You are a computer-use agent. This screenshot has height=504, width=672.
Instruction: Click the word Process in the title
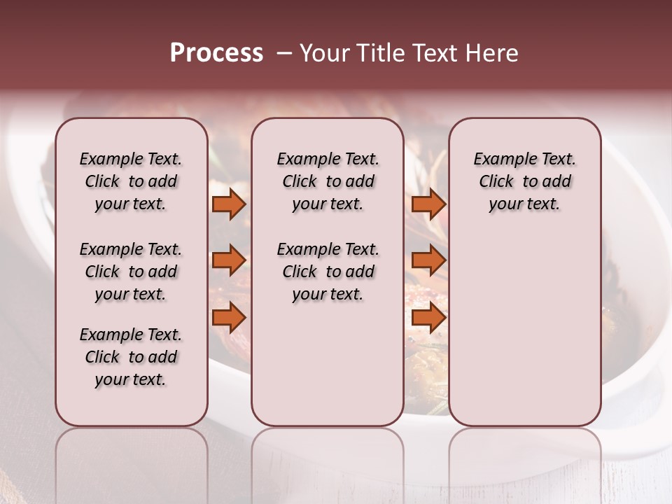(216, 53)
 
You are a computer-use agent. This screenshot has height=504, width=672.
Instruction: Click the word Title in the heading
(377, 53)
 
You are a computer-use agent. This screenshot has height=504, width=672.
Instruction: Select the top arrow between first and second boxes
(229, 204)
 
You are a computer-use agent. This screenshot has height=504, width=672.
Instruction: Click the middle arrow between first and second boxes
(229, 260)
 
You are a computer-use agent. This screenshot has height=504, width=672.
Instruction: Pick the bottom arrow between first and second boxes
(229, 318)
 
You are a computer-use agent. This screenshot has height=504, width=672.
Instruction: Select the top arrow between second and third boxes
(428, 204)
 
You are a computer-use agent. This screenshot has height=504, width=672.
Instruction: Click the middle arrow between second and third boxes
(428, 260)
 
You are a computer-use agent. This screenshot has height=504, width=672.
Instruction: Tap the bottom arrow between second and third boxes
(428, 318)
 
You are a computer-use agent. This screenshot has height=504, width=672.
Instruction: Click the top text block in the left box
(131, 181)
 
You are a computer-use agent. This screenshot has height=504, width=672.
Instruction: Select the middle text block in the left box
(131, 272)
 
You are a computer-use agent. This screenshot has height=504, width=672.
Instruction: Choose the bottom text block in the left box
(131, 357)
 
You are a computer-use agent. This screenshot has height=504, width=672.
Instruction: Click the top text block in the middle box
(328, 181)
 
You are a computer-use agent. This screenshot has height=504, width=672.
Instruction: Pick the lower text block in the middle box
(328, 272)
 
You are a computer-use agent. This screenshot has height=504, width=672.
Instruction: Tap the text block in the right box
(524, 181)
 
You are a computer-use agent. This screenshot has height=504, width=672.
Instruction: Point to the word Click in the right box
(496, 182)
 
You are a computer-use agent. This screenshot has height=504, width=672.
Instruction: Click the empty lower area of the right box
(524, 329)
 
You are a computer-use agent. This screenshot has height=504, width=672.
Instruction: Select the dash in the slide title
(284, 53)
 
